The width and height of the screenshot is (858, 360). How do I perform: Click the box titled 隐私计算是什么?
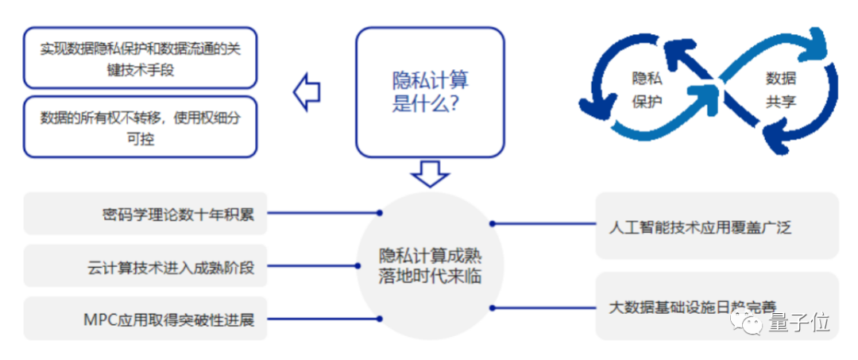point(429,91)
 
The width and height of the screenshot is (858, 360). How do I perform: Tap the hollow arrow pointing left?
point(307,92)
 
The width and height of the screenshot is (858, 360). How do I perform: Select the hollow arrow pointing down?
point(431,172)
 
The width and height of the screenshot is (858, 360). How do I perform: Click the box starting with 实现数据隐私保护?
point(141,59)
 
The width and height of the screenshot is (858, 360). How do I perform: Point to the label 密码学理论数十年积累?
point(178,214)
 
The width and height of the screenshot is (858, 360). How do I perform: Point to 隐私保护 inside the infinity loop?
point(646,90)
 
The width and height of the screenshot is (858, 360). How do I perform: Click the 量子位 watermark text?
point(799,323)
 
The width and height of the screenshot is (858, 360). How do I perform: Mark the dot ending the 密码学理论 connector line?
point(380,213)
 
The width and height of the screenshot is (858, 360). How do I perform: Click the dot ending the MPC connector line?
point(380,319)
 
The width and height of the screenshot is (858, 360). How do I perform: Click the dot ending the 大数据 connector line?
point(492,307)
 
